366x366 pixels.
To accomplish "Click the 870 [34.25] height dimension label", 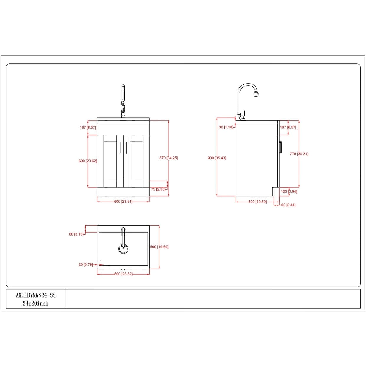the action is coord(169,158).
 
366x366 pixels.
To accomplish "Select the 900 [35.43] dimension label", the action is coord(217,158).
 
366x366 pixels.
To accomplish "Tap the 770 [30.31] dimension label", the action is coord(299,154).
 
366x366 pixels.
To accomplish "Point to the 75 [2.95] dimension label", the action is coord(158,189).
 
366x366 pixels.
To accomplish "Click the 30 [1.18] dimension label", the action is coord(226,127).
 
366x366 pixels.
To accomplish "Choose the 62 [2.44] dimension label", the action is coord(288,205).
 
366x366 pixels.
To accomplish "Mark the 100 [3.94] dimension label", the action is coord(289,192).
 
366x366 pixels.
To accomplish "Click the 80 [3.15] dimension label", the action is coord(76,234).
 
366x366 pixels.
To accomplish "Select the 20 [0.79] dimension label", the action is coord(86,264).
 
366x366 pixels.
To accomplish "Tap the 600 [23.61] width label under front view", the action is coord(123,202).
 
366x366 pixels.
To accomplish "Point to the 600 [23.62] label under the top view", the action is coord(123,274).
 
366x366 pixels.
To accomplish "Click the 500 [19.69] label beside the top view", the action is coord(159,247).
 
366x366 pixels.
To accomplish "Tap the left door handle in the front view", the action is coord(120,147).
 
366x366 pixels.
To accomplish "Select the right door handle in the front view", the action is coord(127,147).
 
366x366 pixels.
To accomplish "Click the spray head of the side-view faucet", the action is coord(256,93).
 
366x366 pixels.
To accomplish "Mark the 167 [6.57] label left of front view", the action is coord(88,127).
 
